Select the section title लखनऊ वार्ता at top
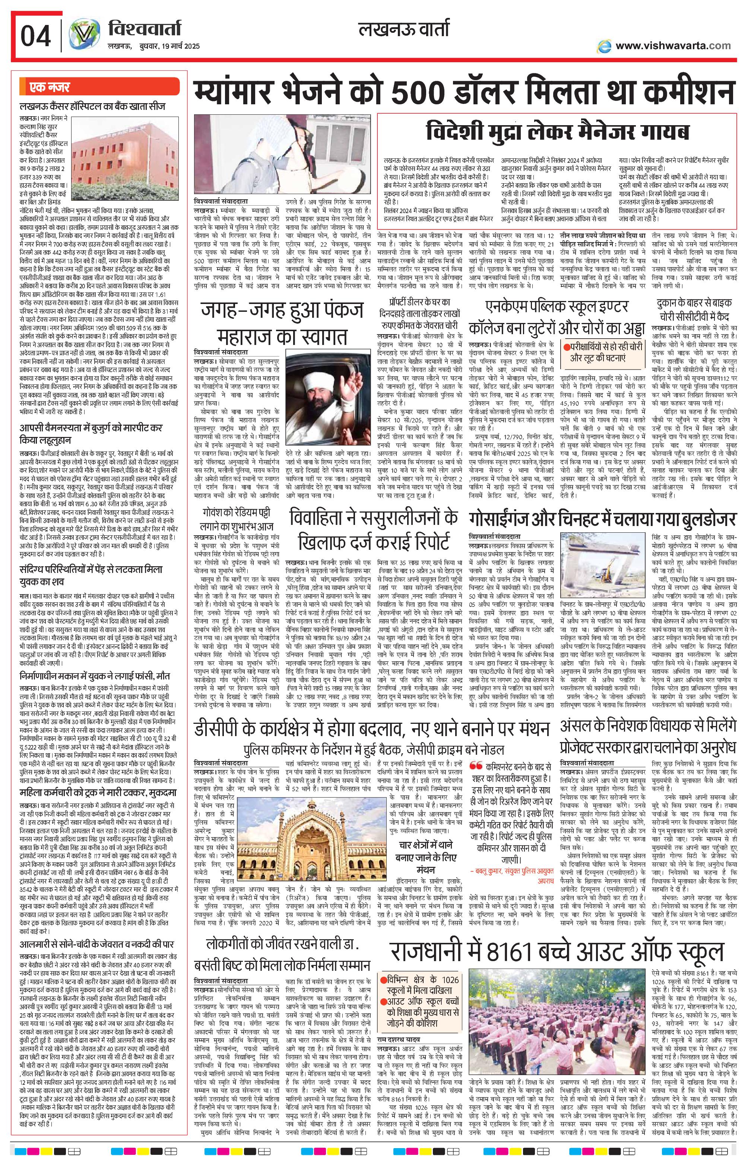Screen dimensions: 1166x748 click(x=404, y=30)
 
